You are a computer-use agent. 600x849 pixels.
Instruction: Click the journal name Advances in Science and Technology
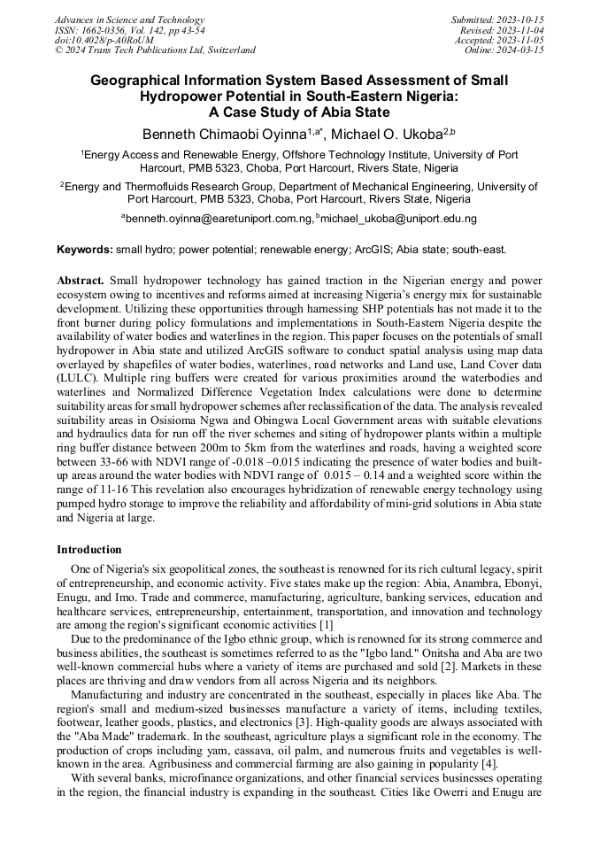pyautogui.click(x=129, y=19)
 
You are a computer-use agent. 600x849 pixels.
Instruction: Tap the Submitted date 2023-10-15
pyautogui.click(x=520, y=19)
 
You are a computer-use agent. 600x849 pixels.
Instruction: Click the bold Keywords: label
pyautogui.click(x=85, y=251)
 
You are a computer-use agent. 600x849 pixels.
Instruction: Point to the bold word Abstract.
pyautogui.click(x=81, y=280)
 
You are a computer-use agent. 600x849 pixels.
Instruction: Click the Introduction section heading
pyautogui.click(x=89, y=550)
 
